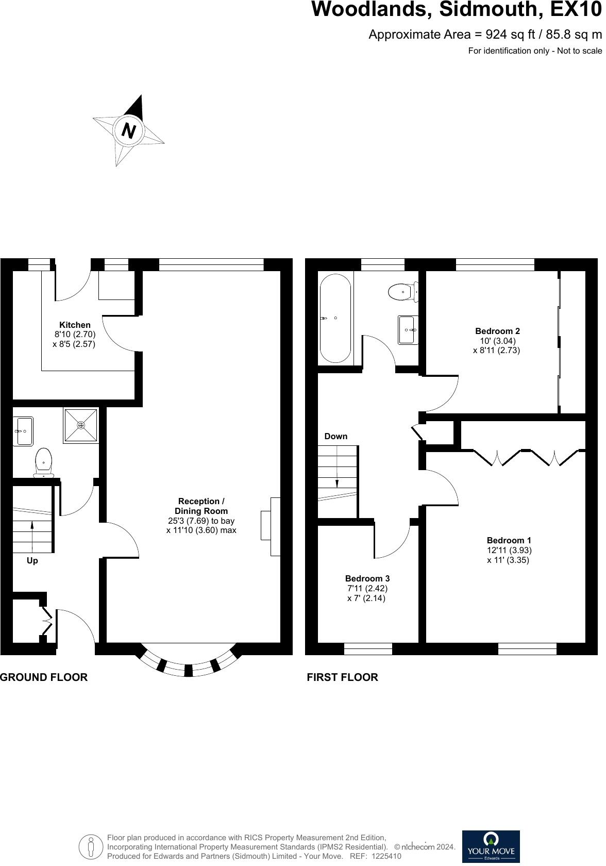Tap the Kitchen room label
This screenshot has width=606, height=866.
coord(75,325)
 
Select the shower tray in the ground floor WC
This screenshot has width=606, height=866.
coord(81,426)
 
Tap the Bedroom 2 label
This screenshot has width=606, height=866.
coord(497,331)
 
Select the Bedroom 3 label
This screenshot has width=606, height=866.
coord(367,579)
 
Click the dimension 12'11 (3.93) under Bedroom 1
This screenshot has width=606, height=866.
coord(509,551)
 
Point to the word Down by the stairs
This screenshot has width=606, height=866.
coord(336,437)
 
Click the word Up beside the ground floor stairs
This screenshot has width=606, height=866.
coord(32,561)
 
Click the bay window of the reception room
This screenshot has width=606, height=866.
coord(188,664)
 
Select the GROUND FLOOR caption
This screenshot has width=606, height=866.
coord(44,677)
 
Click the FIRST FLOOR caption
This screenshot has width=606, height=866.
coord(342,677)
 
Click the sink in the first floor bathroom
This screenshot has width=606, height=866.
coord(408,329)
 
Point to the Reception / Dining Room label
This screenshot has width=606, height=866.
coord(201,506)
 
